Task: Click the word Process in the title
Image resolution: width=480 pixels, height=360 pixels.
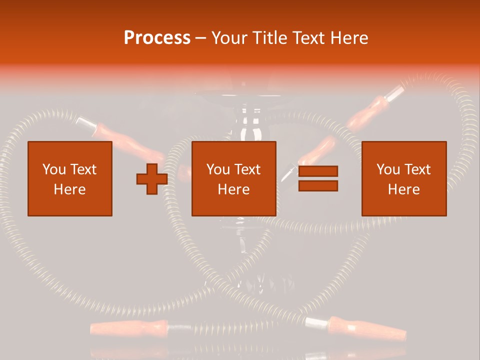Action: (157, 38)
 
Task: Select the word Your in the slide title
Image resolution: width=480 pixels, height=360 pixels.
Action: (230, 38)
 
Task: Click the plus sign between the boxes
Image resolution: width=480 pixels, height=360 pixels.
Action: (152, 179)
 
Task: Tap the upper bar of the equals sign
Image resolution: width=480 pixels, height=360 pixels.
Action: (318, 171)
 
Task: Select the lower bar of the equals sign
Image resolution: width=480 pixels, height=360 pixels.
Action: (318, 186)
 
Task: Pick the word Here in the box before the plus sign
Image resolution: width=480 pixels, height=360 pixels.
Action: (69, 189)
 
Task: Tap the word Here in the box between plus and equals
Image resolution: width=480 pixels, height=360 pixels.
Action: (233, 189)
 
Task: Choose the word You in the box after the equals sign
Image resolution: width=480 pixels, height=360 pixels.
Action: (388, 169)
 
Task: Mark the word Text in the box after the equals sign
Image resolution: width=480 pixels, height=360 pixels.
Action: (417, 169)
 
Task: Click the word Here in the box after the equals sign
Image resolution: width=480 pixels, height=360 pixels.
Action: (403, 189)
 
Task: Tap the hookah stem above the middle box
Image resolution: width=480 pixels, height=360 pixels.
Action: (245, 125)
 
